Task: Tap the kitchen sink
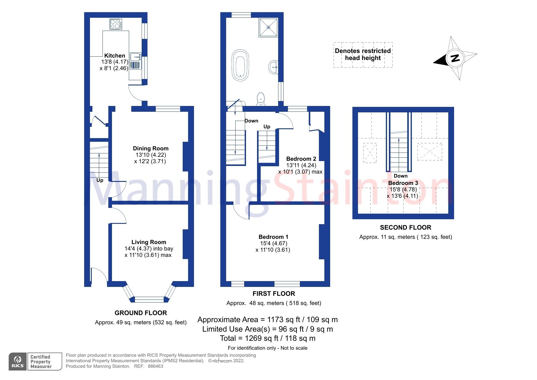[135, 57]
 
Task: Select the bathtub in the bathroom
[240, 65]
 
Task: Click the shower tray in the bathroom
[268, 27]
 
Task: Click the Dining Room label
[151, 149]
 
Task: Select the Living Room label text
[149, 242]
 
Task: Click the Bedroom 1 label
[273, 237]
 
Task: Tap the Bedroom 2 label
[301, 159]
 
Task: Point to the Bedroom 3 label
[403, 183]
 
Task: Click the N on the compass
[455, 58]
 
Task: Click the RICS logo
[18, 362]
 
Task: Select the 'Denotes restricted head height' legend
[363, 55]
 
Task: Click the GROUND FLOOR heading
[141, 313]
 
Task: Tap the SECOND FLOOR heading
[405, 228]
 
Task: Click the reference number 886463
[155, 366]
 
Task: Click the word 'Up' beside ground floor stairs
[100, 180]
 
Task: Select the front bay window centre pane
[149, 299]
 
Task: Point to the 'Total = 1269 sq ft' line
[267, 338]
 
